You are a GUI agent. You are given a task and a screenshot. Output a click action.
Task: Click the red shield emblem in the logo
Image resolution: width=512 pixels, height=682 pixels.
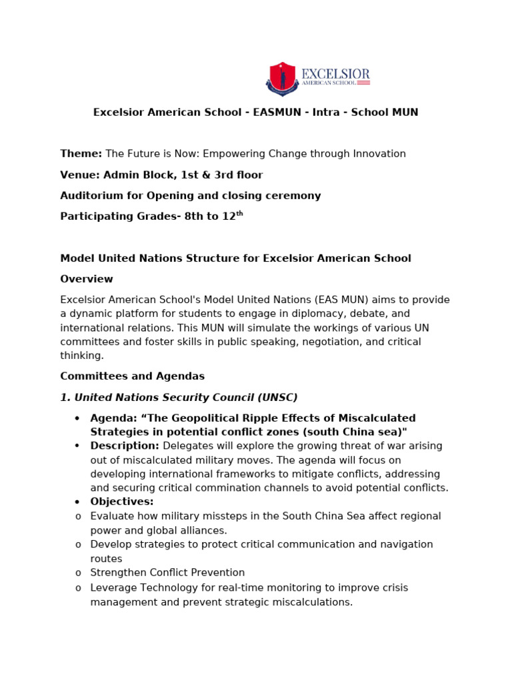[x=282, y=78]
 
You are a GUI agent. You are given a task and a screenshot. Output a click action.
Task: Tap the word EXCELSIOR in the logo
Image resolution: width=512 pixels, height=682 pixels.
[x=335, y=73]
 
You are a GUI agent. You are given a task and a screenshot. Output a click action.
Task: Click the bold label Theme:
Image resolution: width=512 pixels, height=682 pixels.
[x=81, y=154]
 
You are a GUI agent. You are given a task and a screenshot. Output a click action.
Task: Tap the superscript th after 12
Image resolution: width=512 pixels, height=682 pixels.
[x=240, y=214]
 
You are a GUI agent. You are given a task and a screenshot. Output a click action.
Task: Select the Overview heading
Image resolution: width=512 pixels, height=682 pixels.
[x=87, y=279]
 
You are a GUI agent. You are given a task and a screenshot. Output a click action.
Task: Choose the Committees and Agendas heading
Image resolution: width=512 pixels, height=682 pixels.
[x=133, y=376]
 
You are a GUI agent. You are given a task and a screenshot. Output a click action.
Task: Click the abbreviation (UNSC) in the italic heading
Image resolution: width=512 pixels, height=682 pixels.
[x=274, y=398]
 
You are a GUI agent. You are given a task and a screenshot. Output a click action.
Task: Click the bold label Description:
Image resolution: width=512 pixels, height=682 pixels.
[x=125, y=446]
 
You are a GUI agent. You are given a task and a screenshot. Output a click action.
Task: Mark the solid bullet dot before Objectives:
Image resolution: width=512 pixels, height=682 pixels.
[x=77, y=502]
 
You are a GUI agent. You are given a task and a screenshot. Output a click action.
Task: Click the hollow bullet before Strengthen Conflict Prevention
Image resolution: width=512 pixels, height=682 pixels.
[x=78, y=573]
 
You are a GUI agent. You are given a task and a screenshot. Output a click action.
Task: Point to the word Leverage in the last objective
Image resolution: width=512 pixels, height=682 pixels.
[x=113, y=587]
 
